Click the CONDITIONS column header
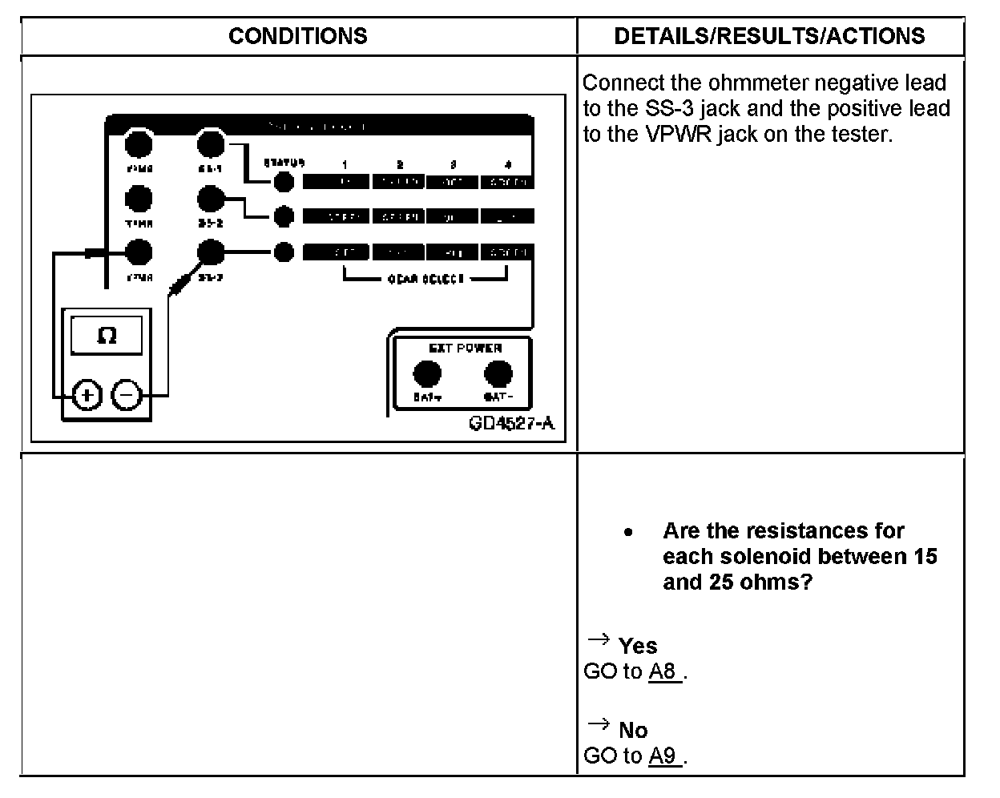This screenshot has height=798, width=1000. [297, 36]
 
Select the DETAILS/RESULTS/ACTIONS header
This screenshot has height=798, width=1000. [769, 36]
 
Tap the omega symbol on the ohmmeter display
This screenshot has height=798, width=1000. [106, 336]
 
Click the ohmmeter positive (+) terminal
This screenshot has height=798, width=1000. [87, 395]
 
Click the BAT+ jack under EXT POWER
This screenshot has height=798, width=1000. [427, 374]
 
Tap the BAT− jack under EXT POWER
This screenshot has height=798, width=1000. [498, 374]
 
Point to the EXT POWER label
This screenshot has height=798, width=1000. [465, 349]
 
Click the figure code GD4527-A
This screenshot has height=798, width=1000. [511, 423]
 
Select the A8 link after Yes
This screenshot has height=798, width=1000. [664, 671]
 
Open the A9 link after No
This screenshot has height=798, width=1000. [664, 756]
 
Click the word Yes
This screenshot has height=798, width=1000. [638, 646]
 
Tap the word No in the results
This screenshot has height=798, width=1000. [633, 730]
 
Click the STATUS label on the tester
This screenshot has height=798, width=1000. [284, 163]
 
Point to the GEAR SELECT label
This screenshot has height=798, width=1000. [425, 280]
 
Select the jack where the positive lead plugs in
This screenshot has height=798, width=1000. [139, 253]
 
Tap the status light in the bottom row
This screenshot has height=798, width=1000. [284, 252]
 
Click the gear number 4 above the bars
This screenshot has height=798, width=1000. [506, 165]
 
